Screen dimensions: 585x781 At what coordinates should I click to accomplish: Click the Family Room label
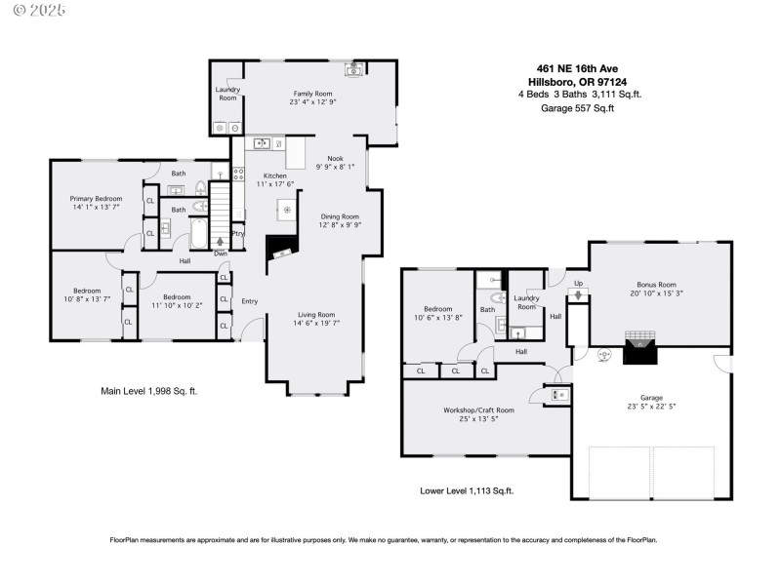[312, 93]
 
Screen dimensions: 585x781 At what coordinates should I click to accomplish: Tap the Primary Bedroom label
[96, 197]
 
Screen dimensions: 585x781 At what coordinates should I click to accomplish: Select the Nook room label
[335, 157]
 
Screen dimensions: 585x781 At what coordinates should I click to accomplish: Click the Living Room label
[317, 315]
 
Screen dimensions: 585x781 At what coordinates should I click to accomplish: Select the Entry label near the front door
[250, 301]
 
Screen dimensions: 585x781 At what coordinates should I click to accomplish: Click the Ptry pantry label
[237, 234]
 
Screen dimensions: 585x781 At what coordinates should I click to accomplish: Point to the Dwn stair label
[221, 255]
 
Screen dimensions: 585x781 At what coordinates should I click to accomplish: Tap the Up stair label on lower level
[577, 284]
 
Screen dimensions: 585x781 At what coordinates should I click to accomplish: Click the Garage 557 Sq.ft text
[578, 108]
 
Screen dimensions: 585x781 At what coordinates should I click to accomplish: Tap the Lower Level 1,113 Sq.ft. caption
[467, 491]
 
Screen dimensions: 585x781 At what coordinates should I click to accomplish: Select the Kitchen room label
[271, 175]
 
